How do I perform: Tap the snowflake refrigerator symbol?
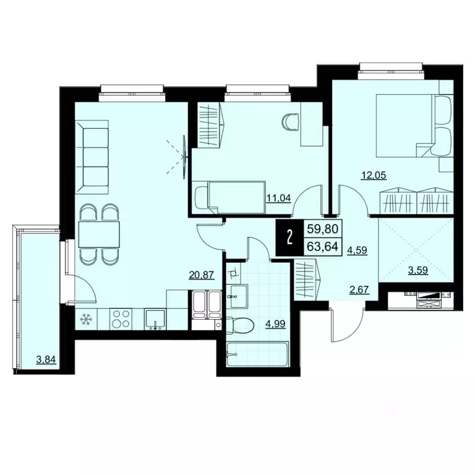[85, 319]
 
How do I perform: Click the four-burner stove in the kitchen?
[120, 319]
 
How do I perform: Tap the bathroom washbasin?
[238, 296]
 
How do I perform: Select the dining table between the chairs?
[99, 234]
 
